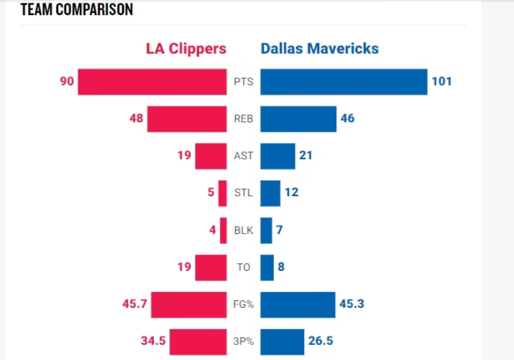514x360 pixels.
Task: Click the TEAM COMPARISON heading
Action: click(x=76, y=10)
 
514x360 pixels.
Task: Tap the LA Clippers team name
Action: click(x=185, y=49)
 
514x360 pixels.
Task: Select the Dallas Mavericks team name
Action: click(x=319, y=49)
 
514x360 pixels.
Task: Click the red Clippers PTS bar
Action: click(x=152, y=82)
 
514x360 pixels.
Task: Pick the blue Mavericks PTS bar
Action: click(x=344, y=82)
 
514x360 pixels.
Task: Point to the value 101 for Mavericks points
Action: click(x=441, y=82)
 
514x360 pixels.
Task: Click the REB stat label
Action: click(x=244, y=119)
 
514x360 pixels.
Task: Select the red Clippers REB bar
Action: click(x=187, y=119)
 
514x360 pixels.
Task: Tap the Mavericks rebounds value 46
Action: click(x=347, y=119)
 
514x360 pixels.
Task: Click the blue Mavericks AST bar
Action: click(x=277, y=156)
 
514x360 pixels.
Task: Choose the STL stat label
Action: click(x=244, y=193)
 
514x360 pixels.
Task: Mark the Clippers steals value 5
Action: click(x=211, y=193)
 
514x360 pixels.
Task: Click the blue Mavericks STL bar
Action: click(x=270, y=193)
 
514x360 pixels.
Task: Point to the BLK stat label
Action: click(x=244, y=230)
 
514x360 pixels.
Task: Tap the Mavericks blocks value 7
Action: click(x=279, y=230)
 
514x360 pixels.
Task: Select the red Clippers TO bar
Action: click(x=211, y=267)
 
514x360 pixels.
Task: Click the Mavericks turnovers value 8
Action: click(x=281, y=267)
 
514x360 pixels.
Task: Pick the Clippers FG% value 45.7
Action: click(x=135, y=304)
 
